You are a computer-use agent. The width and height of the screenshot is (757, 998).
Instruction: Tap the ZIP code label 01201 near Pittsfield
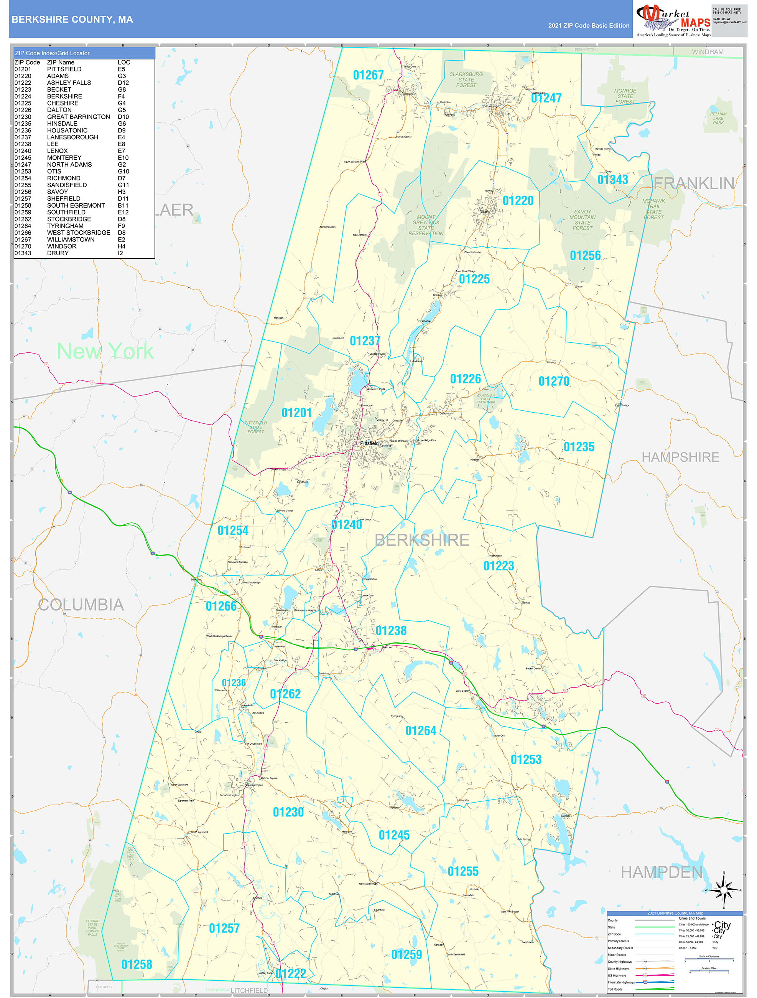point(296,412)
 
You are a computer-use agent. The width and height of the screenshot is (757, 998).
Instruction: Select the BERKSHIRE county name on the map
point(421,540)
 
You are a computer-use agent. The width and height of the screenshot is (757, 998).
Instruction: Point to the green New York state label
point(105,351)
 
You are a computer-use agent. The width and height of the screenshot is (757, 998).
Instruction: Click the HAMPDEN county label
point(662,872)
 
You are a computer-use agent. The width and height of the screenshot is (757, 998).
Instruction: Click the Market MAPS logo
point(673,20)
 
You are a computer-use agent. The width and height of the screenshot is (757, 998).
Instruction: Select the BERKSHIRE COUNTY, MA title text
point(72,20)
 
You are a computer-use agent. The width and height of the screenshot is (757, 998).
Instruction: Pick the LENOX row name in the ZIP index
point(57,151)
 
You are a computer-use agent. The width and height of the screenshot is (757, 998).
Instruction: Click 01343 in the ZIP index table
point(23,253)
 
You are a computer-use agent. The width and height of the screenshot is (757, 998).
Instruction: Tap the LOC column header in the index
point(123,62)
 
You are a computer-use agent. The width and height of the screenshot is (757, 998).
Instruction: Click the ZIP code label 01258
point(137,964)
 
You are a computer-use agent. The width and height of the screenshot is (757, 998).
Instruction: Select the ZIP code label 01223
point(498,566)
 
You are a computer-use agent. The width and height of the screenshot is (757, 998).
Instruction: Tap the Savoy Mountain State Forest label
point(583,220)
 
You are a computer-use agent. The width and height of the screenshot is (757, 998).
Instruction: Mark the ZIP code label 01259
point(406,954)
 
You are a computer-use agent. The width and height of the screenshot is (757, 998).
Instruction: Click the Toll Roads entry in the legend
point(615,989)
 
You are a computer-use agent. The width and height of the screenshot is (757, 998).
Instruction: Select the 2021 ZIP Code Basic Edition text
point(588,26)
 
